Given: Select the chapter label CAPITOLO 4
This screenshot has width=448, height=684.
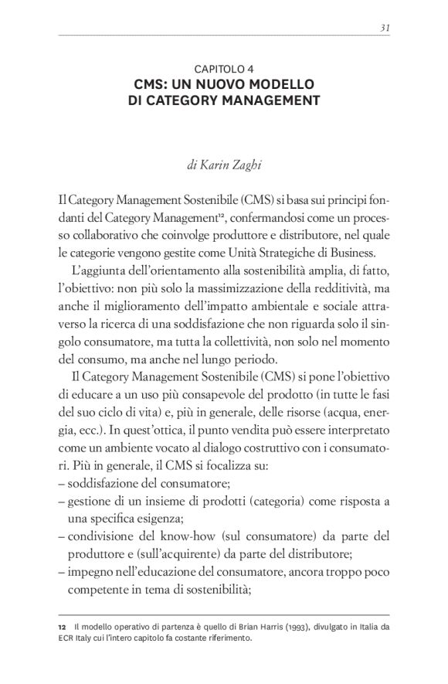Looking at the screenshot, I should coord(224,68).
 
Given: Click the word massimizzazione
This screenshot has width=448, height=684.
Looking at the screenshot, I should coord(260,288).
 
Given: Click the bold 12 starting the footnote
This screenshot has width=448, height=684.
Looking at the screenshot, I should coord(63,626).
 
